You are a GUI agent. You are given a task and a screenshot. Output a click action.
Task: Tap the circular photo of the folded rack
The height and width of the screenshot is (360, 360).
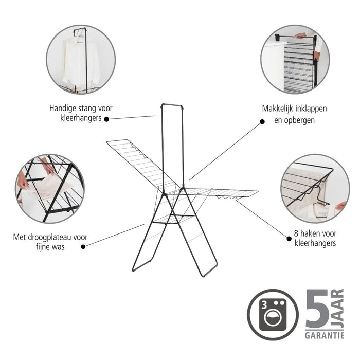tap(294, 59)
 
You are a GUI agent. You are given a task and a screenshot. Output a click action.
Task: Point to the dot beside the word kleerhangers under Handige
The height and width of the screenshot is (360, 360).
tap(106, 119)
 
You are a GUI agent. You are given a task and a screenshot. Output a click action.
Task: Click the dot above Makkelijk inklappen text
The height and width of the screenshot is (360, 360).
tap(262, 122)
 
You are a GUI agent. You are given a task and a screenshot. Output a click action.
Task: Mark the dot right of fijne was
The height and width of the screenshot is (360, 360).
tap(84, 246)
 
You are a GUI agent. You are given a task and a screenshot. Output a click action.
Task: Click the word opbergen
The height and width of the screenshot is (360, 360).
tap(295, 120)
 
